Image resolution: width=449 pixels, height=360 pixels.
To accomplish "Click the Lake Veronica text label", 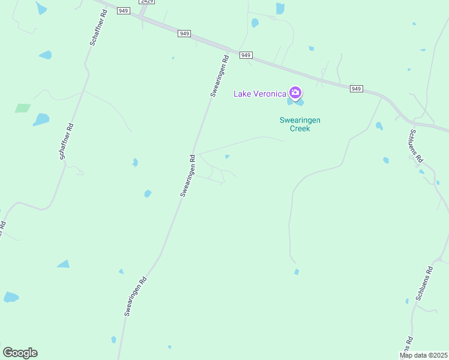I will click(x=259, y=93).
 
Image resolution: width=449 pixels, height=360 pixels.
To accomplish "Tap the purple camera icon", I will click(x=295, y=92).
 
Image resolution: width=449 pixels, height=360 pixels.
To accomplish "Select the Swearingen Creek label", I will click(x=300, y=124).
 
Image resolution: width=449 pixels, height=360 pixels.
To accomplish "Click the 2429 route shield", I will click(x=146, y=2).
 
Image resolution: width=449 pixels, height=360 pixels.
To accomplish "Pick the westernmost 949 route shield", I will click(x=124, y=11).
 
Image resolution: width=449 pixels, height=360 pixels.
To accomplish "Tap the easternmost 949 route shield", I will click(x=357, y=89).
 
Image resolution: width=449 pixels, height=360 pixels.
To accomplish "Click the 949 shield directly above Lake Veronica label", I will click(x=246, y=55).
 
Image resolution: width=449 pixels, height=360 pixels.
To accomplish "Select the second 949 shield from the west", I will click(x=184, y=34).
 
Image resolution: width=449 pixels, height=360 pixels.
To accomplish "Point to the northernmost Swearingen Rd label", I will click(x=220, y=76).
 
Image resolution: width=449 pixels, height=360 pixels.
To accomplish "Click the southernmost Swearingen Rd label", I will click(x=136, y=296).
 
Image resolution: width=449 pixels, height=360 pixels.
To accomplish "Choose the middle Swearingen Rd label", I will click(x=188, y=176).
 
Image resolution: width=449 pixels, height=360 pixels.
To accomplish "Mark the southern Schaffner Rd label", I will click(x=66, y=142).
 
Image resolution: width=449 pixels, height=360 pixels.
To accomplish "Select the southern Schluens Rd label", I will click(x=424, y=282).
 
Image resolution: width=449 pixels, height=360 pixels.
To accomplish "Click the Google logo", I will click(x=20, y=353).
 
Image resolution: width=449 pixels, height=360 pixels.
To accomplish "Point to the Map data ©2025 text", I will click(x=423, y=355).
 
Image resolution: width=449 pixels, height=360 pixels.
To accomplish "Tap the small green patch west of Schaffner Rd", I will click(x=22, y=109).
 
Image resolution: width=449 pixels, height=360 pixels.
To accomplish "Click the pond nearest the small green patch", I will click(x=41, y=119).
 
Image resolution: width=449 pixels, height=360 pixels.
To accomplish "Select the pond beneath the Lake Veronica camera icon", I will click(x=291, y=101).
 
